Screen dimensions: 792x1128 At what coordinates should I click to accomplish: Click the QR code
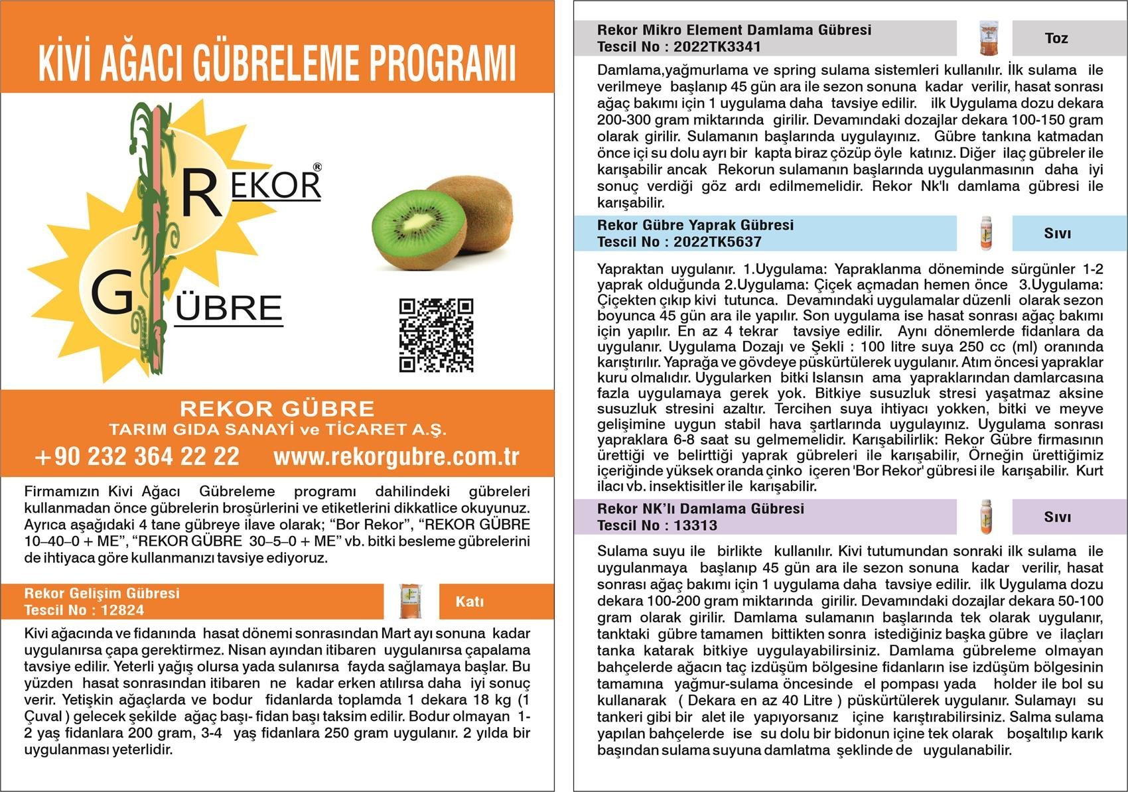436,335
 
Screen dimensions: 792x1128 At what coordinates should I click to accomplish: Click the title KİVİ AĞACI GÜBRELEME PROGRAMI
277,63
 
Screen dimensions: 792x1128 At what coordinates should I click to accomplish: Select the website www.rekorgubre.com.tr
396,456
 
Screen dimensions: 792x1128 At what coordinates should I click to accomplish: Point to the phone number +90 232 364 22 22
137,456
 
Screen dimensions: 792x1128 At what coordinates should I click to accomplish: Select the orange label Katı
470,602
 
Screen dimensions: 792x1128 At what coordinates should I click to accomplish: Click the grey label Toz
1056,38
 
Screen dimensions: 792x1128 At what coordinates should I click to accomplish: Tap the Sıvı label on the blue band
1058,233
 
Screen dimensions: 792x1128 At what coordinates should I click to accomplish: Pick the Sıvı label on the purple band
1058,517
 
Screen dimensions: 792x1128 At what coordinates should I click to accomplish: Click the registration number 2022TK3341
717,47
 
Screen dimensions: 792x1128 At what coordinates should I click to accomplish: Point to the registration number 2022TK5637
717,242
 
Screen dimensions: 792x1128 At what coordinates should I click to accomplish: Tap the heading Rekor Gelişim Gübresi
102,593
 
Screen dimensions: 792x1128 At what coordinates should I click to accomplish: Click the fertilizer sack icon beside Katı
411,602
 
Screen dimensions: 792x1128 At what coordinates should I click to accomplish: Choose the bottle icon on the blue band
986,233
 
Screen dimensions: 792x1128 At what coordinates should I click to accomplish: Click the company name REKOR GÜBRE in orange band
277,408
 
